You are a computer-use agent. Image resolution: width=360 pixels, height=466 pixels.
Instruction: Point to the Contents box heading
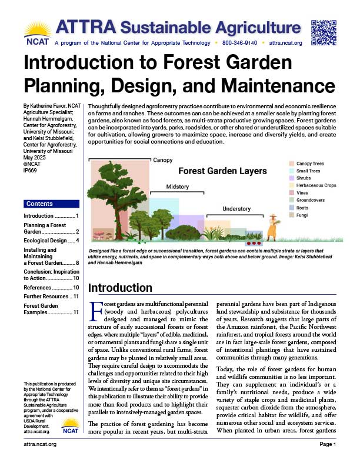(x=39, y=204)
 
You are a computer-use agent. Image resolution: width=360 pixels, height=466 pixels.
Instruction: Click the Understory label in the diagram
(x=236, y=209)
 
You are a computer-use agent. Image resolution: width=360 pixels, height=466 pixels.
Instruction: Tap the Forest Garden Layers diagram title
(x=222, y=171)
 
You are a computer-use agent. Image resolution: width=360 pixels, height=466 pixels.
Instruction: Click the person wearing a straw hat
(x=272, y=227)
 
